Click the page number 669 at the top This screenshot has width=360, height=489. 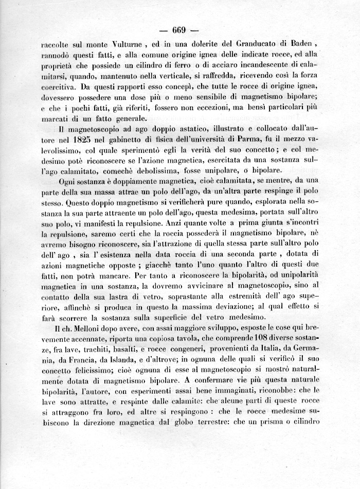click(179, 29)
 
